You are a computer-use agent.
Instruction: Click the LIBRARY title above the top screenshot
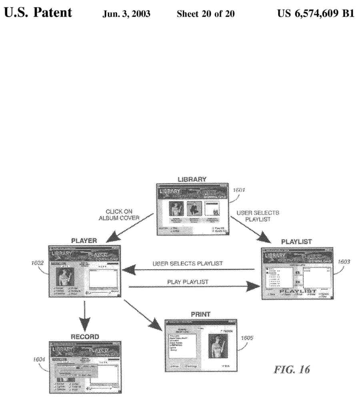pyautogui.click(x=192, y=179)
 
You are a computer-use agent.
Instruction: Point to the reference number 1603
pyautogui.click(x=344, y=262)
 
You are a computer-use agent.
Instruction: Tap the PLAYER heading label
pyautogui.click(x=84, y=241)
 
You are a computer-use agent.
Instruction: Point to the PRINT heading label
pyautogui.click(x=201, y=314)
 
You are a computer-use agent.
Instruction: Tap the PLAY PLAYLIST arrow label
pyautogui.click(x=188, y=282)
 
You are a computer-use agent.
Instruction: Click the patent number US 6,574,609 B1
pyautogui.click(x=316, y=14)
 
